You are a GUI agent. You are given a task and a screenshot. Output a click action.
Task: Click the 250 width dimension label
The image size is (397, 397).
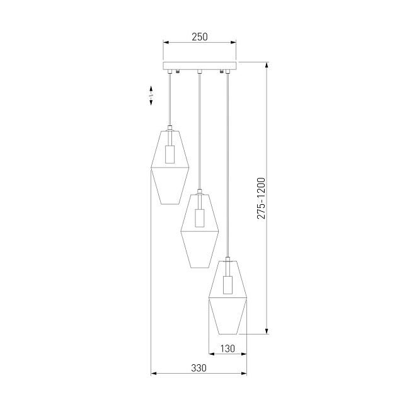(x=199, y=37)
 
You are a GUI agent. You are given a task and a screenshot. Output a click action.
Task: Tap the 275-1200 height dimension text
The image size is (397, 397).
(x=261, y=198)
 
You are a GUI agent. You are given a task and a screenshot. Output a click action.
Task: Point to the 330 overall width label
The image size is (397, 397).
(x=198, y=368)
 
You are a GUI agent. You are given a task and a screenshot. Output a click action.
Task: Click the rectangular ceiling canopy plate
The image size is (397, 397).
(x=200, y=65)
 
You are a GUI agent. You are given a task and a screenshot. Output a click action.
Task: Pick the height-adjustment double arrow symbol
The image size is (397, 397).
(x=151, y=95)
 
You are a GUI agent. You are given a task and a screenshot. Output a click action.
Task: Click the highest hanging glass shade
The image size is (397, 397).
(x=170, y=166)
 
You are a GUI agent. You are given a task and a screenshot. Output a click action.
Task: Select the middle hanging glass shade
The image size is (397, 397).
(x=200, y=229)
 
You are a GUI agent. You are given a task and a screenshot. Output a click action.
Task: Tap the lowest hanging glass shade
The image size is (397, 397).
(x=227, y=296)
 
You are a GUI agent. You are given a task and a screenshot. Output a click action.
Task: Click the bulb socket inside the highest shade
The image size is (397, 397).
(x=170, y=154)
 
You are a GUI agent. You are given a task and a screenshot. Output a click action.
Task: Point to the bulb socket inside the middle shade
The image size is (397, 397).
(x=200, y=217)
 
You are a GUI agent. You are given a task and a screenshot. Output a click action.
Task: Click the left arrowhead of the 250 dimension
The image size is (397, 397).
(x=166, y=43)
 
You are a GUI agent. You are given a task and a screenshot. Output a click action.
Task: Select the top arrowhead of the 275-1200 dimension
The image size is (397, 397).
(x=267, y=65)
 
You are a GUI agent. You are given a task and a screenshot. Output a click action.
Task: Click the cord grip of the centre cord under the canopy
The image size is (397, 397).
(x=199, y=71)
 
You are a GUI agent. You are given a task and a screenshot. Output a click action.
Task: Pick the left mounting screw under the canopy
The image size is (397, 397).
(x=178, y=71)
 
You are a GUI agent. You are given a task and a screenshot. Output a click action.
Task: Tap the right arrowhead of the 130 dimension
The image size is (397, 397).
(x=244, y=354)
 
